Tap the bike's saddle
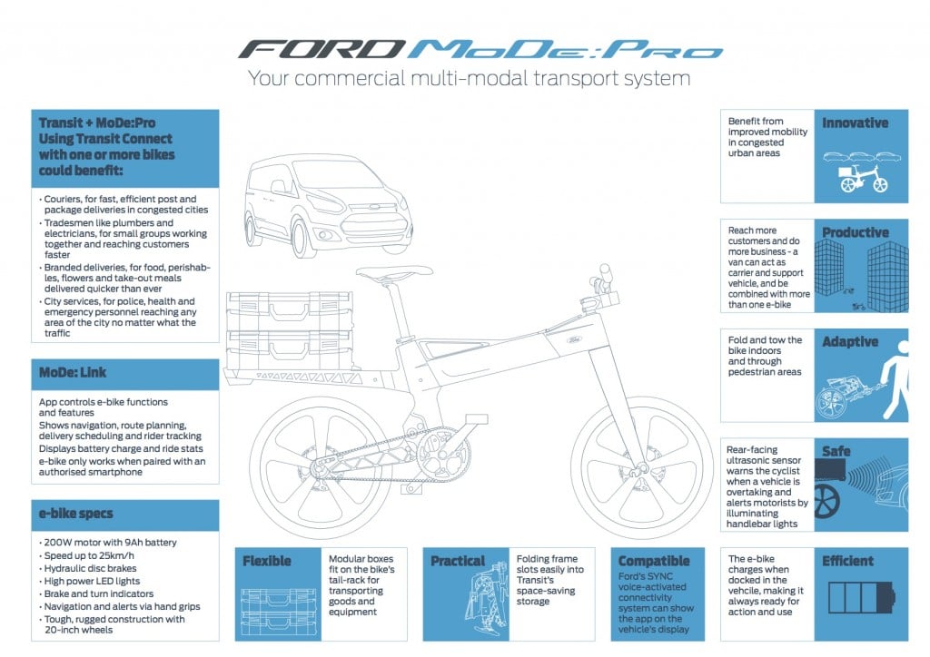(x=394, y=272)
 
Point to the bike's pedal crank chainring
(x=442, y=453)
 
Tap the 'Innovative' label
(x=855, y=123)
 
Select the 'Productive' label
(x=855, y=232)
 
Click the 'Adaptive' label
(x=850, y=342)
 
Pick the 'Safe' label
(x=836, y=451)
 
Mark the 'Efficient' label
(x=847, y=561)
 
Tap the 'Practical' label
(x=458, y=561)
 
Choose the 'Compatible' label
(x=654, y=561)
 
